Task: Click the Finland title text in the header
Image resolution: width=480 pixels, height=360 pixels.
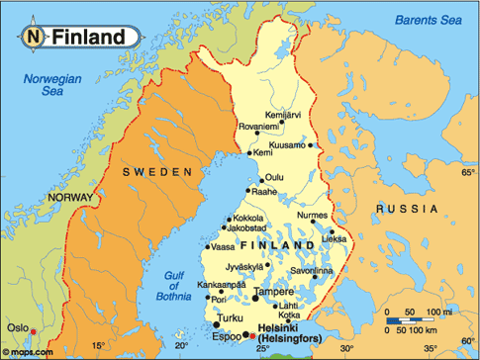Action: coord(88,38)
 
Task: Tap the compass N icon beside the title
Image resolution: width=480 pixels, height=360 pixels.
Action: coord(35,38)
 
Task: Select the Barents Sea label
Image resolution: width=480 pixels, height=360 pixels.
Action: coord(428,21)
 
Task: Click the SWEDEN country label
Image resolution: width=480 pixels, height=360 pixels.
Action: coord(156,172)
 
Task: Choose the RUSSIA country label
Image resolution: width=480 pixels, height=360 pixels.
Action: coord(405,211)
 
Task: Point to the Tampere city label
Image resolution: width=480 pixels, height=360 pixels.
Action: coord(273,294)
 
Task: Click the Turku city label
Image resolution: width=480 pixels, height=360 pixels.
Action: coord(229,318)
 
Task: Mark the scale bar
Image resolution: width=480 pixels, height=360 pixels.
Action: coord(417,322)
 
